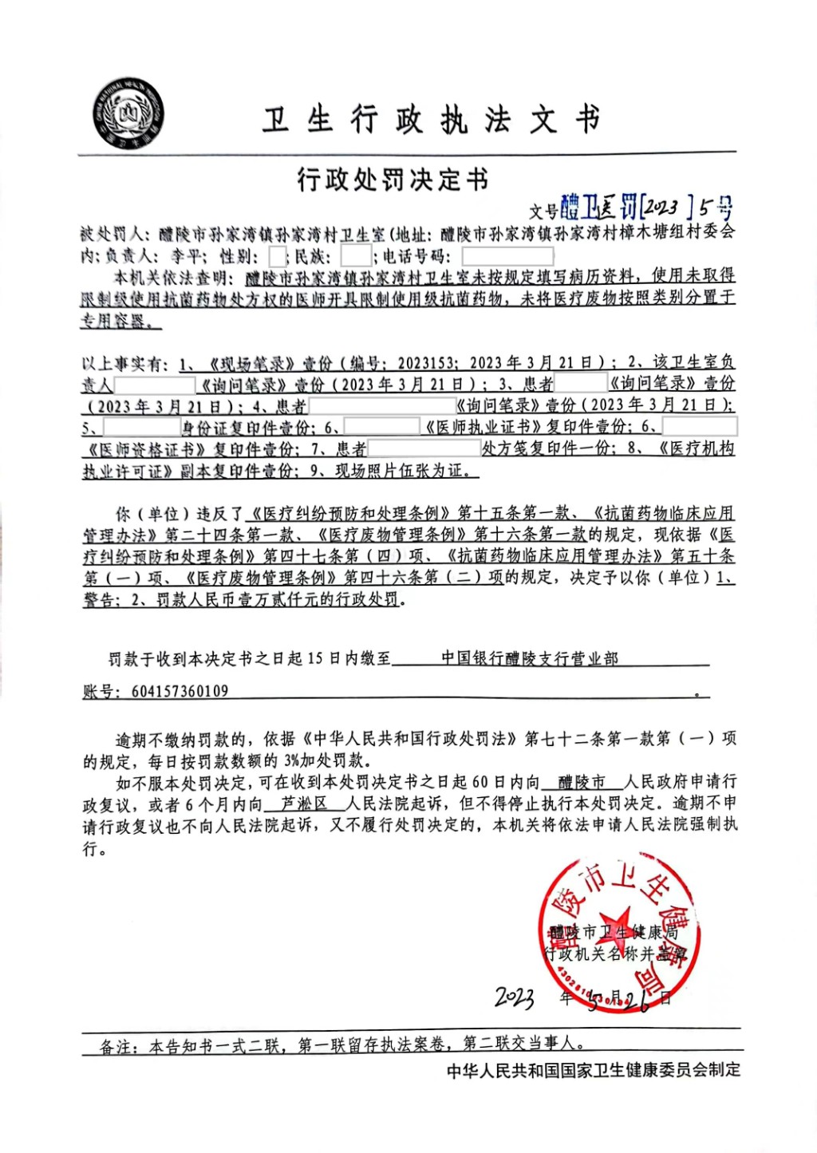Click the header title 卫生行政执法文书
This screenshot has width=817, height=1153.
[431, 120]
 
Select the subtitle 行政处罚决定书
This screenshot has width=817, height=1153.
[393, 180]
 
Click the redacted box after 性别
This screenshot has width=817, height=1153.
[277, 256]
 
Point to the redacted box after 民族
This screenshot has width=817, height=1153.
[355, 256]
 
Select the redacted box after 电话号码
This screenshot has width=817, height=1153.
[507, 256]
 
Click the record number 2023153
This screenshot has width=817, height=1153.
[427, 363]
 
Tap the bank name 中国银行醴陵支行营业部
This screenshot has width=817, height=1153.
[530, 658]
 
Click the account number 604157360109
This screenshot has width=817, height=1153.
[180, 691]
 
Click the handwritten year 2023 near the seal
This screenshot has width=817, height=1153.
[515, 997]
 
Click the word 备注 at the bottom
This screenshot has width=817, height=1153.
[116, 1046]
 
